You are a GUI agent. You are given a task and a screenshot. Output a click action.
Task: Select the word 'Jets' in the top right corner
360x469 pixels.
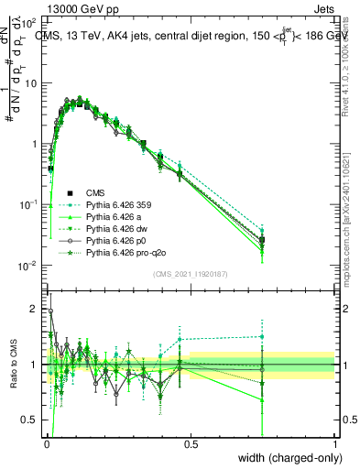322,7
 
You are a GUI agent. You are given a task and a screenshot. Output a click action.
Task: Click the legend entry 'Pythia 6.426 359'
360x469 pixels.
121,204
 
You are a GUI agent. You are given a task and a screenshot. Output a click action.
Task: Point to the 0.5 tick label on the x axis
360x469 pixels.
190,444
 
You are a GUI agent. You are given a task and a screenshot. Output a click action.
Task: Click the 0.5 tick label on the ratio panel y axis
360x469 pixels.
32,420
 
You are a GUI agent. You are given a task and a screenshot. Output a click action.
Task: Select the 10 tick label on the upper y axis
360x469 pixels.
31,83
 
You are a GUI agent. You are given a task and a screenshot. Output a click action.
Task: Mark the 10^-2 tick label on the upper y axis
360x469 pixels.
29,266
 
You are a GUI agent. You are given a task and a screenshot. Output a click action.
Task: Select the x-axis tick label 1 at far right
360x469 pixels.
334,444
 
